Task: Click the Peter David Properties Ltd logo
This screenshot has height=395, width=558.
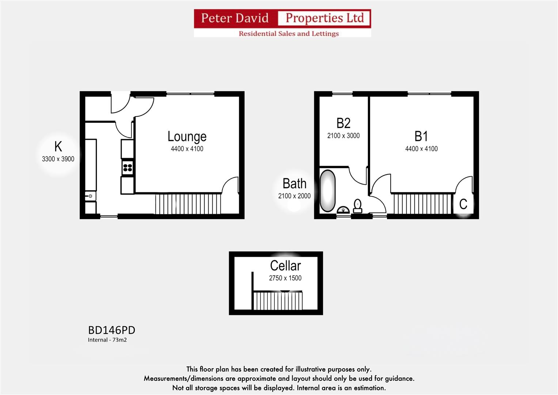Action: [x=282, y=23]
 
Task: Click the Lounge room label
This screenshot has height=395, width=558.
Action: [x=187, y=136]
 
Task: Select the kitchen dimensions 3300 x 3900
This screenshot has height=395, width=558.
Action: [x=58, y=159]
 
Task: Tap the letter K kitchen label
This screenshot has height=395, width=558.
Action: [x=58, y=147]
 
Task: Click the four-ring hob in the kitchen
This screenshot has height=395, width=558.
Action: [x=128, y=168]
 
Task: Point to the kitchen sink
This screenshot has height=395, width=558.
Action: [x=90, y=196]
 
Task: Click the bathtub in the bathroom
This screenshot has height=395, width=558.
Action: [x=327, y=191]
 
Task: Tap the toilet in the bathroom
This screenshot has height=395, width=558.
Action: [x=358, y=206]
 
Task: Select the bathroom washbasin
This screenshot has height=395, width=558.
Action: [x=343, y=210]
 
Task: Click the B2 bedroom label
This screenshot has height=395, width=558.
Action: [x=343, y=123]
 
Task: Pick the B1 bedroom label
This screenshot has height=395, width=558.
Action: [x=421, y=136]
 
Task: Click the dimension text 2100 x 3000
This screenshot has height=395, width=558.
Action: [x=343, y=136]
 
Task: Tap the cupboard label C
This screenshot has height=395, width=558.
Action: [x=463, y=204]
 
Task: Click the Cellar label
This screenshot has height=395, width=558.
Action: [x=285, y=266]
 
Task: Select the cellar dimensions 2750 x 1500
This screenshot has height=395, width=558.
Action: [x=285, y=278]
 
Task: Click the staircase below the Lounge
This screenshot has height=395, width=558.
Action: [x=188, y=204]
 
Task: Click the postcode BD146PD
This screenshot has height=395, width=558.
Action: [x=111, y=330]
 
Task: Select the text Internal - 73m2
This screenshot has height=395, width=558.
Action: [x=107, y=340]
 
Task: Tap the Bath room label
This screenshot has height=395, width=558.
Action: [x=294, y=184]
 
